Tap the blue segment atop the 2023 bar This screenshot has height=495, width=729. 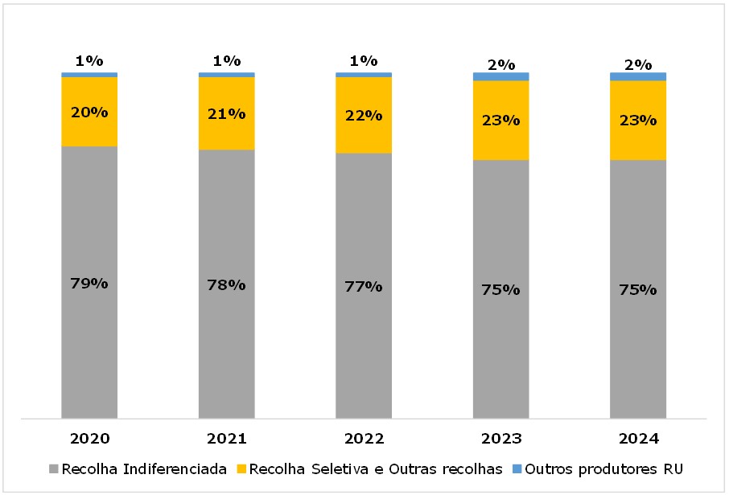(500, 76)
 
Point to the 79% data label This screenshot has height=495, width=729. (89, 283)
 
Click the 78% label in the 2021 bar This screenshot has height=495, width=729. (226, 284)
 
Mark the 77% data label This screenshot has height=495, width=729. (364, 286)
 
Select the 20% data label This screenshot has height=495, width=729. (89, 112)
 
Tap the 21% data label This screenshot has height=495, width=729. (226, 113)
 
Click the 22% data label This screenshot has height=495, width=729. (364, 115)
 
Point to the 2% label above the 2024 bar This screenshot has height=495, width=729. (637, 65)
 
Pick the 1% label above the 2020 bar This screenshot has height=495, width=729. (89, 60)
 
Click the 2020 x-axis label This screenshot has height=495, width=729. (89, 439)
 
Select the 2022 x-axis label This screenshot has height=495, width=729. (364, 439)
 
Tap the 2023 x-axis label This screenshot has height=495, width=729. (500, 439)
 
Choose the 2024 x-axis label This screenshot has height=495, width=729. (637, 439)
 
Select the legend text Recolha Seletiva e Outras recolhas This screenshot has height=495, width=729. (376, 468)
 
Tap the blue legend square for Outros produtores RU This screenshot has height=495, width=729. (517, 468)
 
